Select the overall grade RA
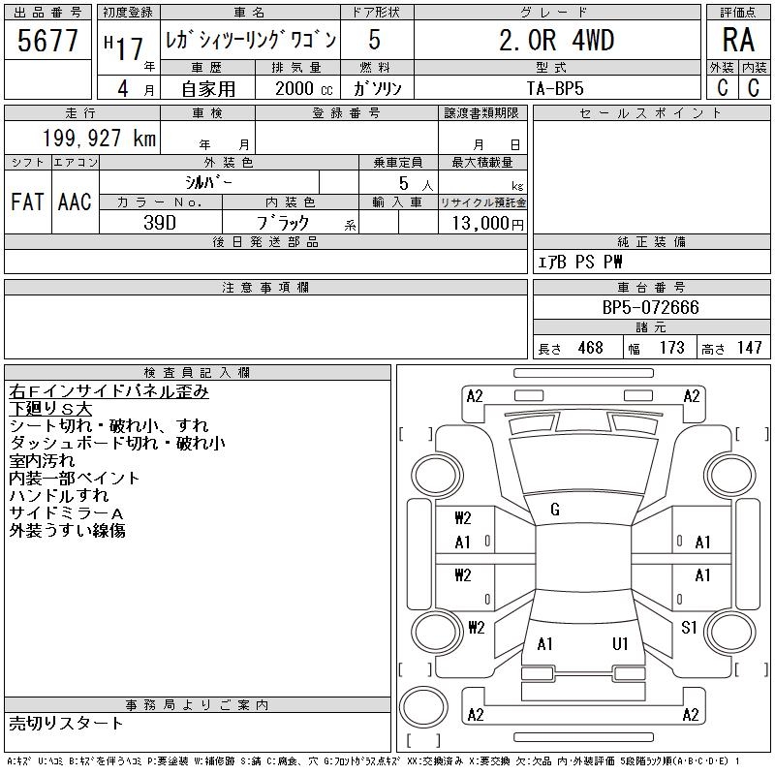point(737,40)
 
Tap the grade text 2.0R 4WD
point(556,40)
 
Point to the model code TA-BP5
point(555,87)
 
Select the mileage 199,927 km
point(100,138)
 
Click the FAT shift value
point(27,201)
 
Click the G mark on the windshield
point(555,510)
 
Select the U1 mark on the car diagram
point(620,644)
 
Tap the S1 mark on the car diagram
point(689,628)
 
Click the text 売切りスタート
point(67,724)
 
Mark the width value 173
point(670,348)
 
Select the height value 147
point(748,348)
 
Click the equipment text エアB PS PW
point(580,262)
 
